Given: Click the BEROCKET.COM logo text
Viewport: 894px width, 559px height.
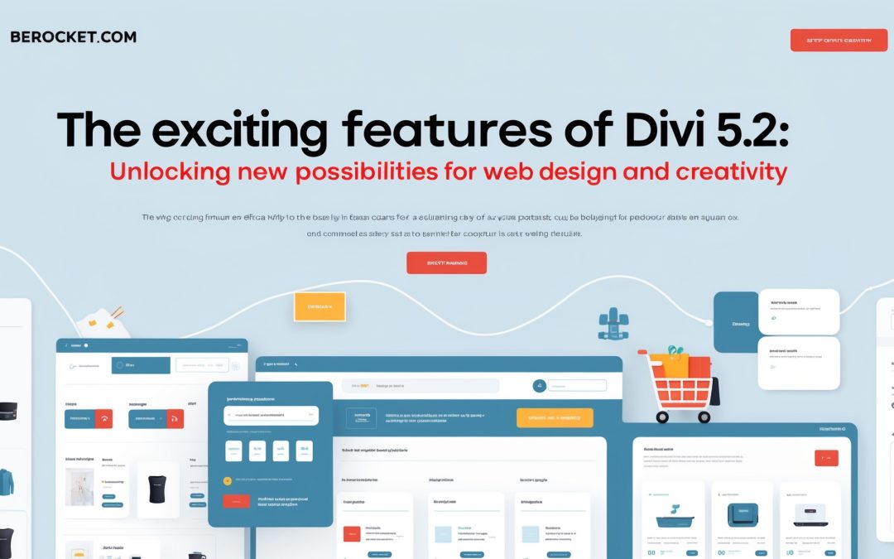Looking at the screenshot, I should point(73,37).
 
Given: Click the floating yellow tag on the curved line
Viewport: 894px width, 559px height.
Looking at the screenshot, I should point(320,306).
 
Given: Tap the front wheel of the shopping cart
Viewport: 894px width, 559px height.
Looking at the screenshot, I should point(662,417).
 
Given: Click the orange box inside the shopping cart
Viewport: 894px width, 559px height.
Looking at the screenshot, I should point(669,365).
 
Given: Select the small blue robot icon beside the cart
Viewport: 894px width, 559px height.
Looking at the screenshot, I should point(613,324).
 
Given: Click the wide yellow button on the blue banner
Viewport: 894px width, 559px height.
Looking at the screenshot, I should point(554,417).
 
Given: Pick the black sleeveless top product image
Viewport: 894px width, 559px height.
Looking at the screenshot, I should point(157,489).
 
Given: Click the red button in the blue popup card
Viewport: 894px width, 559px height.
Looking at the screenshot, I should point(236,501).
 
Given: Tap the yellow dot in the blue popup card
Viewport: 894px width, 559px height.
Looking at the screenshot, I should point(228,479).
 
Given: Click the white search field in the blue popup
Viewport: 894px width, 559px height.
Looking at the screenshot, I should point(271,415).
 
